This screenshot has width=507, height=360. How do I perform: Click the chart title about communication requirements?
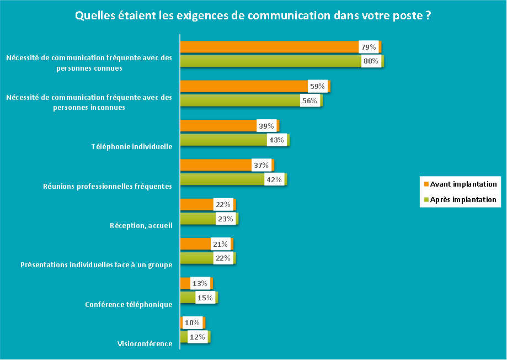coord(253,16)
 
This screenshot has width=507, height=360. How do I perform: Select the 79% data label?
coord(369,47)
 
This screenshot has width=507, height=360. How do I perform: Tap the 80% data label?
coord(370,61)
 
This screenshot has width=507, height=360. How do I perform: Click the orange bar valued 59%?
coord(243,86)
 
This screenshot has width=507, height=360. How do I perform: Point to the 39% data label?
coord(266,126)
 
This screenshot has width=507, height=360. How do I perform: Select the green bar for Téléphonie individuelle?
coord(223,140)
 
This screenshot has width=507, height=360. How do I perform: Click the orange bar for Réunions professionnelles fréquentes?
coord(215,165)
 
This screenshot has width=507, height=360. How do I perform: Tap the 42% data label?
coord(274,179)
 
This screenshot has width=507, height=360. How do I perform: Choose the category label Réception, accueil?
coord(141,225)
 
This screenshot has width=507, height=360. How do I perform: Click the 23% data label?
coord(226,219)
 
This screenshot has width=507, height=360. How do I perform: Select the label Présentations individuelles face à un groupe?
coord(96,265)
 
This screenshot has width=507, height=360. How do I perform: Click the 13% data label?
coord(199,284)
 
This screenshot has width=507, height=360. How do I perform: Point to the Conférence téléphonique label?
coord(129,304)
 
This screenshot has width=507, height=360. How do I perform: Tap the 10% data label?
coord(192,322)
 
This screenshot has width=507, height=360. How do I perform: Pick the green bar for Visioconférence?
coord(184,337)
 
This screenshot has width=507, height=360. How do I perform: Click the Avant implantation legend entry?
coord(463,184)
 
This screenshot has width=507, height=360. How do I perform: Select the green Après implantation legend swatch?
coord(425,200)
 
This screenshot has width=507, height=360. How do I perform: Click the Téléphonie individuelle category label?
coord(132,147)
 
